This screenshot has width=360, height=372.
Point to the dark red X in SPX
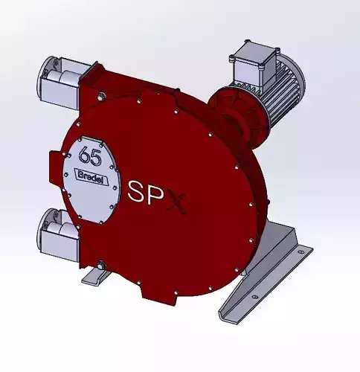pyautogui.click(x=178, y=196)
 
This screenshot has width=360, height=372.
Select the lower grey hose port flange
pyautogui.click(x=58, y=232)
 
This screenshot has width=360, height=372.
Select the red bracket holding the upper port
pyautogui.click(x=93, y=78)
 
